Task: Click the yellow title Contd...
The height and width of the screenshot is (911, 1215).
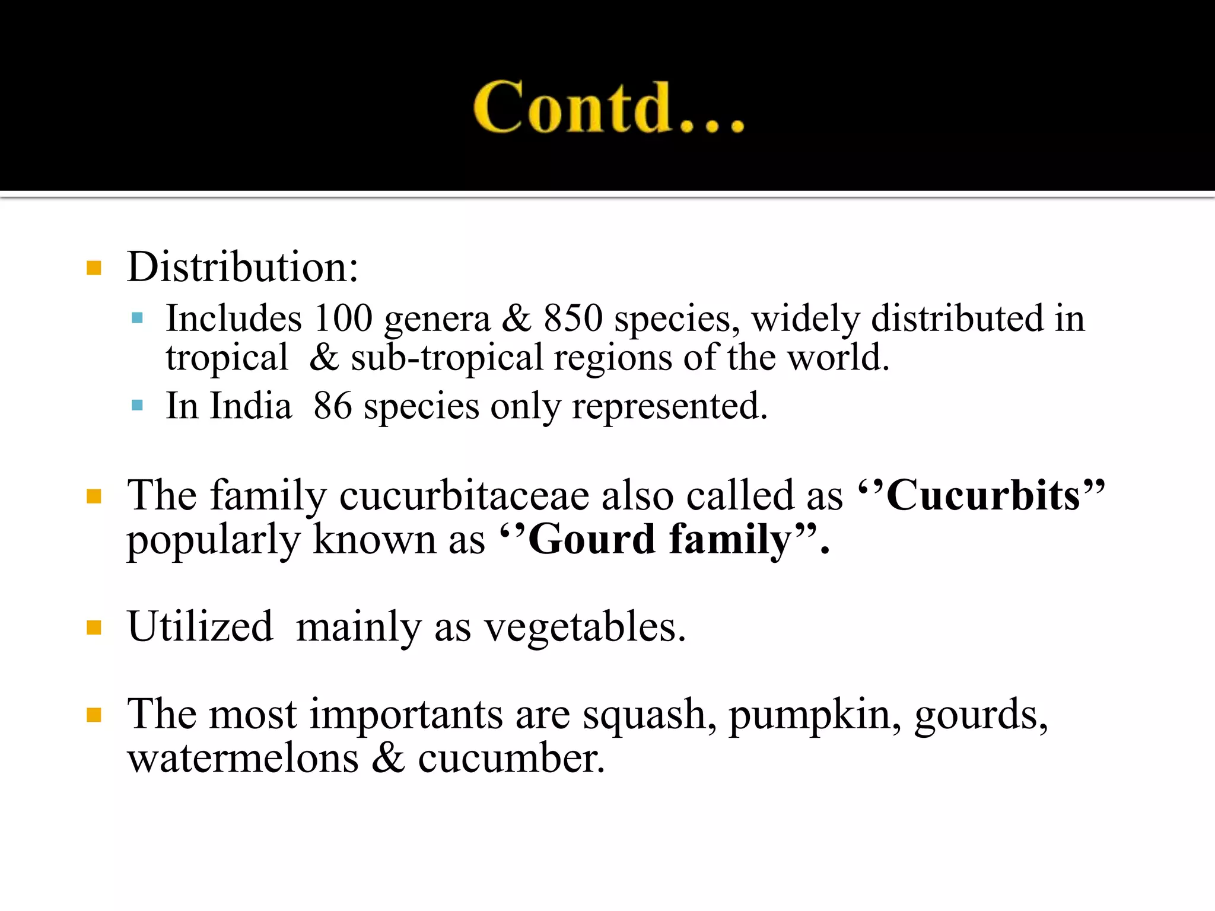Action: coord(608,107)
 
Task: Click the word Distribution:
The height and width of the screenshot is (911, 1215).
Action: coord(243,267)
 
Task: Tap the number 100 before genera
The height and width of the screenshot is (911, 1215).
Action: coord(343,318)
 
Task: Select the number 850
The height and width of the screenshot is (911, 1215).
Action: coord(573,318)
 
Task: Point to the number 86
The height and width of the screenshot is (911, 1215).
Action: coord(333,406)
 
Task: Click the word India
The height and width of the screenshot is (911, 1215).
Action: coord(251,406)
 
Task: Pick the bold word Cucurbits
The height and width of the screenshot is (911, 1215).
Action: coord(983,495)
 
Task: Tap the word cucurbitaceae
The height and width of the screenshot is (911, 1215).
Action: coord(465,495)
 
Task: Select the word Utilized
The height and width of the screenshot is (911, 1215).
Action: coord(200,627)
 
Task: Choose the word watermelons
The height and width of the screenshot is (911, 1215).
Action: coord(243,759)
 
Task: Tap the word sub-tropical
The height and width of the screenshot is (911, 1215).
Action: coord(446,358)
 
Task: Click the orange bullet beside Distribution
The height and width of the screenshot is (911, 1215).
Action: coord(94,268)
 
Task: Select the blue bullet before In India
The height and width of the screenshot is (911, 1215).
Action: coord(137,406)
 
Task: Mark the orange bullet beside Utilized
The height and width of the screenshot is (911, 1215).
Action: coord(94,627)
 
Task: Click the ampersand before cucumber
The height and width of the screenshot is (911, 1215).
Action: coord(388,759)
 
